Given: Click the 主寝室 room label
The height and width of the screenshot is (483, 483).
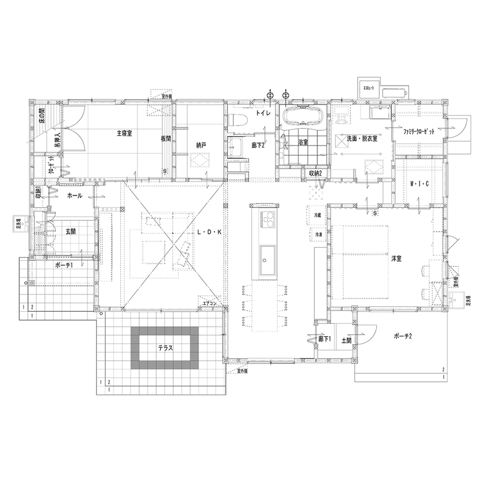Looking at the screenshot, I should [x=125, y=133].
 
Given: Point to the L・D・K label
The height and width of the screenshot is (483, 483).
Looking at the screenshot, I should [x=209, y=233].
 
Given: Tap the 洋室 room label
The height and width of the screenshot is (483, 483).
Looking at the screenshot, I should [x=396, y=259].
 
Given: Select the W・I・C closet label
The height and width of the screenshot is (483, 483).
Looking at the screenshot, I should [x=419, y=184].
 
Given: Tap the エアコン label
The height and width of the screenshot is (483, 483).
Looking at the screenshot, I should [x=209, y=302].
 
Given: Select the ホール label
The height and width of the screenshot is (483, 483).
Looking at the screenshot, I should [x=75, y=195].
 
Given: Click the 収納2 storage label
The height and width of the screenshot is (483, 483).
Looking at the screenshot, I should [x=314, y=173].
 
